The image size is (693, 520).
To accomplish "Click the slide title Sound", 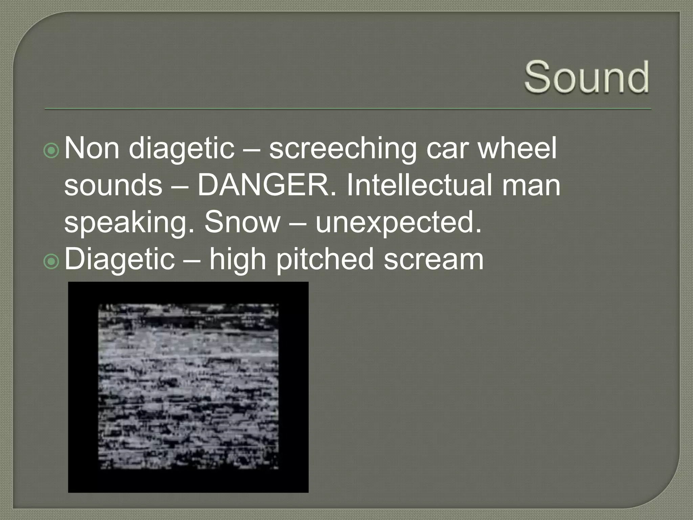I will pos(586,77).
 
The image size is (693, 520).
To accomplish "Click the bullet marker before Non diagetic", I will pos(51,152).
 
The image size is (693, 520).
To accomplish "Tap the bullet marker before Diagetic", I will pos(51,261).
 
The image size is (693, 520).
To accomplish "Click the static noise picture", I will pos(188,387).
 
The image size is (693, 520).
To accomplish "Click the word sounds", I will pos(113,186).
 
